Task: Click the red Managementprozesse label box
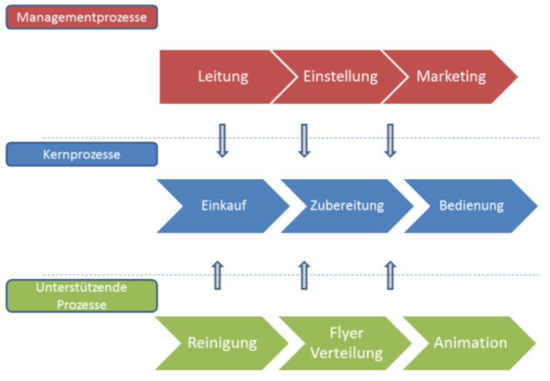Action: pyautogui.click(x=81, y=17)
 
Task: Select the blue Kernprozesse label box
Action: pyautogui.click(x=81, y=154)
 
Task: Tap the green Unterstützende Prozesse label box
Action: pyautogui.click(x=81, y=296)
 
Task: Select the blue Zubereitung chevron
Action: pyautogui.click(x=347, y=206)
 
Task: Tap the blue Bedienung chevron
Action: pyautogui.click(x=471, y=206)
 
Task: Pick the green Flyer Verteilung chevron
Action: pyautogui.click(x=346, y=343)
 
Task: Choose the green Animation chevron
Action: pyautogui.click(x=470, y=343)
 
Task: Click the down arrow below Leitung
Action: pyautogui.click(x=221, y=140)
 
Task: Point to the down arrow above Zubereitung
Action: pyautogui.click(x=304, y=140)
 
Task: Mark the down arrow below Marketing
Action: pyautogui.click(x=390, y=140)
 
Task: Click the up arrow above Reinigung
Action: pyautogui.click(x=218, y=276)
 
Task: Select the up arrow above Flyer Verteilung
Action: pyautogui.click(x=304, y=276)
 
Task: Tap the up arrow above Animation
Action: pyautogui.click(x=390, y=276)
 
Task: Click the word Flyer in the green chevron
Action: pyautogui.click(x=346, y=333)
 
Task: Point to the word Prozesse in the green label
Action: pyautogui.click(x=81, y=305)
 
